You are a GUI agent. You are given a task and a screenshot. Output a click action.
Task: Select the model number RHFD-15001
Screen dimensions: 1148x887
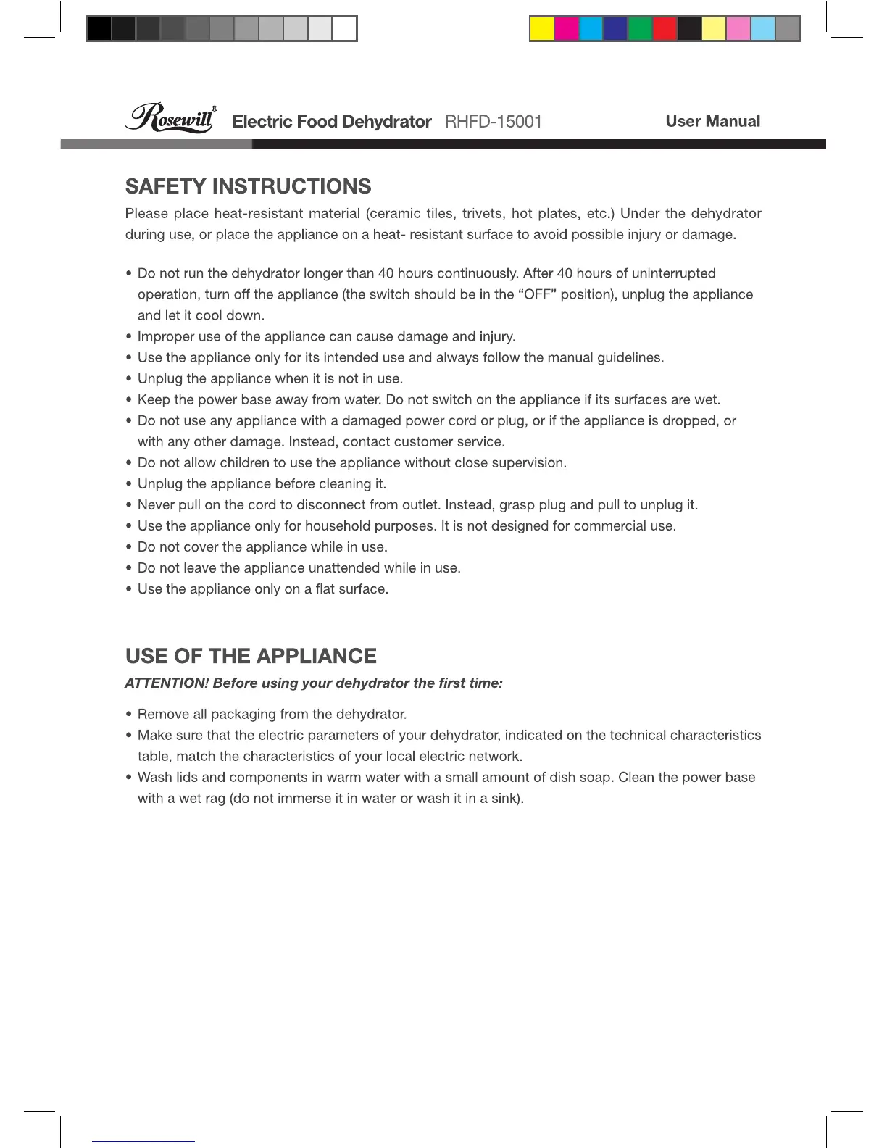click(x=493, y=121)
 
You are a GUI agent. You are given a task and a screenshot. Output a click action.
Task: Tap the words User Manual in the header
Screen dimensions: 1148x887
click(x=712, y=121)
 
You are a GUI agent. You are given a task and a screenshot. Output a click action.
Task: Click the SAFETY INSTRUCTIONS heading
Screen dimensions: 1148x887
click(x=248, y=186)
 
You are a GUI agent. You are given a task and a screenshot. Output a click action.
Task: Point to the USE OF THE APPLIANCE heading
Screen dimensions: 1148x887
click(x=251, y=656)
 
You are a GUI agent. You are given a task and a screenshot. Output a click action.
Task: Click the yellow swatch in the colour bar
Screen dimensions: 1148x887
click(x=542, y=29)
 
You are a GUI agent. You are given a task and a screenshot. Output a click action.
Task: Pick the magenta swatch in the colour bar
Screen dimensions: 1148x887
click(x=567, y=29)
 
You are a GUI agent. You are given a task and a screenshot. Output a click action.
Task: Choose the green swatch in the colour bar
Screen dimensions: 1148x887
click(x=640, y=29)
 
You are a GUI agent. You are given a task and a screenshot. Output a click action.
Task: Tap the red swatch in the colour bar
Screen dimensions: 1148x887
click(x=665, y=29)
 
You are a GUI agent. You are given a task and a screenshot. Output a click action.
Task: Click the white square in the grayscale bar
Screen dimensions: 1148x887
click(x=345, y=29)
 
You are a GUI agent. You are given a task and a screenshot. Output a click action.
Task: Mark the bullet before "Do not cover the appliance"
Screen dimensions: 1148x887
click(x=128, y=547)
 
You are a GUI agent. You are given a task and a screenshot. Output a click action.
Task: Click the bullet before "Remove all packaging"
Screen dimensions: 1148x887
click(x=128, y=715)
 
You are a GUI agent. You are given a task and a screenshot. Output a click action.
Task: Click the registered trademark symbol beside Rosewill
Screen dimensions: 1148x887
click(x=215, y=109)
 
